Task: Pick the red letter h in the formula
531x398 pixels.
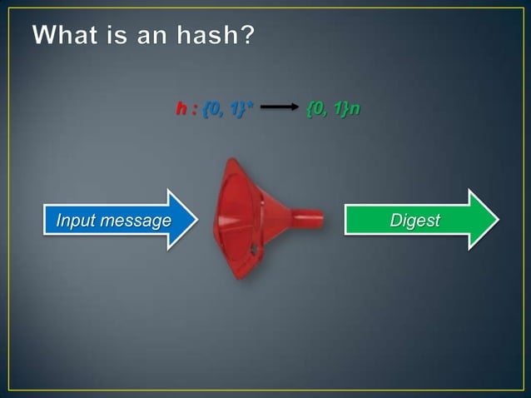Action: [x=180, y=109]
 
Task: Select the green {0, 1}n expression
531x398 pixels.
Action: [x=333, y=109]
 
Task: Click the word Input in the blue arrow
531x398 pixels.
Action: [x=73, y=221]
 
